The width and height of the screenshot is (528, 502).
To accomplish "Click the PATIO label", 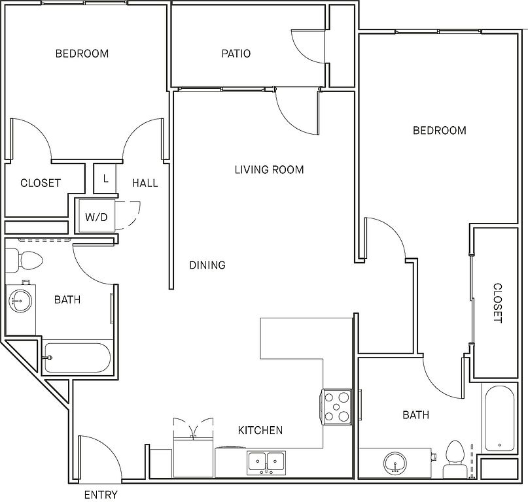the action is pos(236,54).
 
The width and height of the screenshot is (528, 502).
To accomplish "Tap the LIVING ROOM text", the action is pos(269,169).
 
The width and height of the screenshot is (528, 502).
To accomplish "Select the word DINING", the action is pos(207,265).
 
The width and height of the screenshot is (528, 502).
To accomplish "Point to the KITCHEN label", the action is pos(260,430).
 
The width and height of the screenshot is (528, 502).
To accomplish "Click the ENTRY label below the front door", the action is pos(101,495).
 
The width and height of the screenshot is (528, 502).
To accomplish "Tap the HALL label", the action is pos(145,183).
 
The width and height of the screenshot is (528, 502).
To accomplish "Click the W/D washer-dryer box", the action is pos(97,216).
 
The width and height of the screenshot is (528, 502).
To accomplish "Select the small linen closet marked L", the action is pos(105,178).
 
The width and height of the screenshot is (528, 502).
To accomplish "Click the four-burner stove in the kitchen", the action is pos(336,407).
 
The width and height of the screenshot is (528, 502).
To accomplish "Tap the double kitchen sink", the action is pos(266,463).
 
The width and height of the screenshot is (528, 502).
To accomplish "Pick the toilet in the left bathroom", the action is pos(24,261).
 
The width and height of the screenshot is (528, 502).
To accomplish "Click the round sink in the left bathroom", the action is pos(20,300).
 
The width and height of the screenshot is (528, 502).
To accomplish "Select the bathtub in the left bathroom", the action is pos(77,358).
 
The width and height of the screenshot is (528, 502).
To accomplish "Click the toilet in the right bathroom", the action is pos(455,460).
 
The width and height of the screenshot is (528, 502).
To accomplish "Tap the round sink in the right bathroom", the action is pos(395,463).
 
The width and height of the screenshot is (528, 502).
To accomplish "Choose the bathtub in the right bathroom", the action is pos(499,418).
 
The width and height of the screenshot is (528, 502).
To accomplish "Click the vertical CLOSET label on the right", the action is pos(497,303).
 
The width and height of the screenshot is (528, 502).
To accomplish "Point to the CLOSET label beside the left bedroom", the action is pos(41,183).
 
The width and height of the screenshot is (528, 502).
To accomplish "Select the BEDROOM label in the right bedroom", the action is pos(440,131).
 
